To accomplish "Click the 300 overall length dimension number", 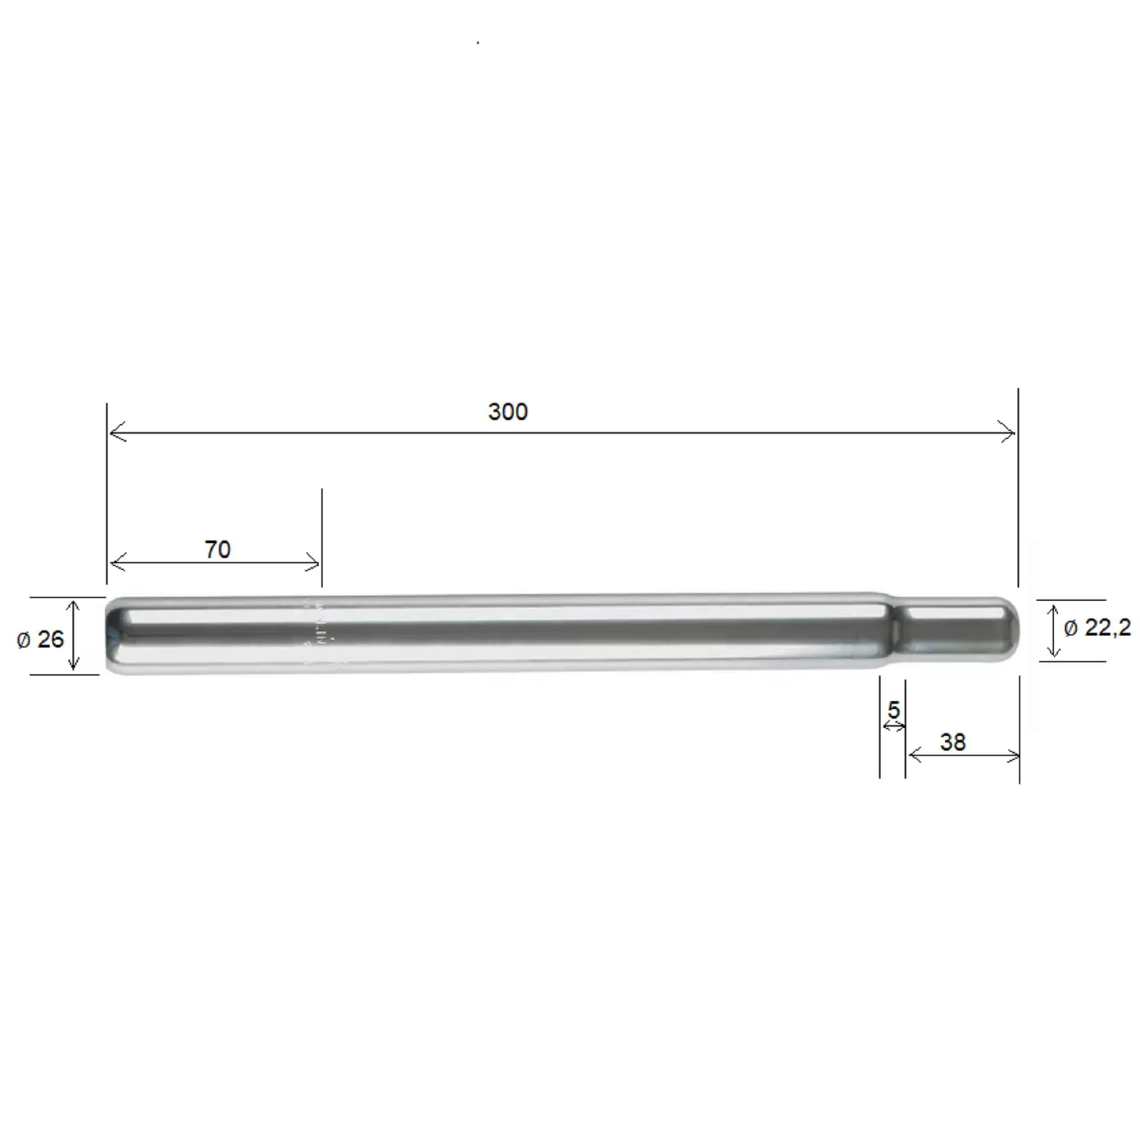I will pos(507,412).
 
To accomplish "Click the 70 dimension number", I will pos(217,549).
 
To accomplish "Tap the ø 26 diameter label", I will pos(40,639).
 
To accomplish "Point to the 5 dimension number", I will pos(893,710).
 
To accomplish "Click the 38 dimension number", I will pos(952,742).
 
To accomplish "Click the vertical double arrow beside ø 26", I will pos(73,636).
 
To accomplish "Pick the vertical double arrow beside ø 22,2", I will pos(1054,631).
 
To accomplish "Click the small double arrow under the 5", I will pos(893,726).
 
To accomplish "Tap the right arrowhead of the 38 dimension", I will pos(1013,756).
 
